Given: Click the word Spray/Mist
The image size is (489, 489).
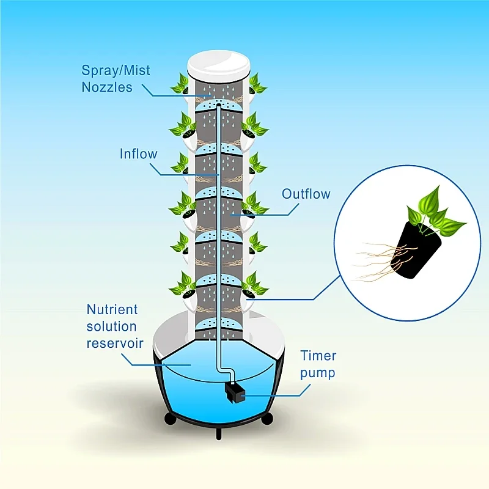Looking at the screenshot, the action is pyautogui.click(x=116, y=71).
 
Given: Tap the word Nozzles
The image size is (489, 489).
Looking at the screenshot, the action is pyautogui.click(x=107, y=87).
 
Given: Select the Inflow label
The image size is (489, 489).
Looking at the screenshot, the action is pyautogui.click(x=139, y=154).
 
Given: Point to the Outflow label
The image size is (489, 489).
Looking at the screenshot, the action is pyautogui.click(x=306, y=194).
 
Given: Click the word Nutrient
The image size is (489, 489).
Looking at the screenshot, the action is pyautogui.click(x=112, y=309).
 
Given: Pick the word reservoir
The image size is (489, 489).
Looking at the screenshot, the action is pyautogui.click(x=115, y=343).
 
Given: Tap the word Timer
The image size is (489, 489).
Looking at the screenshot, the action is pyautogui.click(x=318, y=356).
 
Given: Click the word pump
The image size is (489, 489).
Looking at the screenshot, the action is pyautogui.click(x=317, y=373).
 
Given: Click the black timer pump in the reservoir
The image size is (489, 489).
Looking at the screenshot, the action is pyautogui.click(x=234, y=393).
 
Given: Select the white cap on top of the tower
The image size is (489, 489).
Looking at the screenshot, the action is pyautogui.click(x=219, y=66).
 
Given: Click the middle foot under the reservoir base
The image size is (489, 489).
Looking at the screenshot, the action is pyautogui.click(x=219, y=433).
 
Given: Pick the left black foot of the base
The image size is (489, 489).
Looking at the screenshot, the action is pyautogui.click(x=171, y=419).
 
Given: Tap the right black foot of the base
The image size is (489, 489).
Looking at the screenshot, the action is pyautogui.click(x=267, y=419).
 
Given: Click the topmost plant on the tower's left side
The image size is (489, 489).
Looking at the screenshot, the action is pyautogui.click(x=180, y=84).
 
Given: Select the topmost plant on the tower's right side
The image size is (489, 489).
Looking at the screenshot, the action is pyautogui.click(x=257, y=84).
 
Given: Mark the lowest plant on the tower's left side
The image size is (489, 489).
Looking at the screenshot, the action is pyautogui.click(x=183, y=285).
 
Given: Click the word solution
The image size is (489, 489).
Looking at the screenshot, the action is pyautogui.click(x=112, y=326).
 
